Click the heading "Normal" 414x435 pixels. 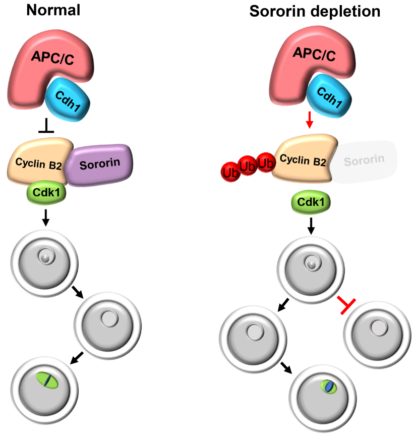tap(53, 10)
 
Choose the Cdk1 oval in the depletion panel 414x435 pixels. tap(311, 202)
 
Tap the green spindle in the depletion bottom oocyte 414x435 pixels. tap(329, 387)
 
